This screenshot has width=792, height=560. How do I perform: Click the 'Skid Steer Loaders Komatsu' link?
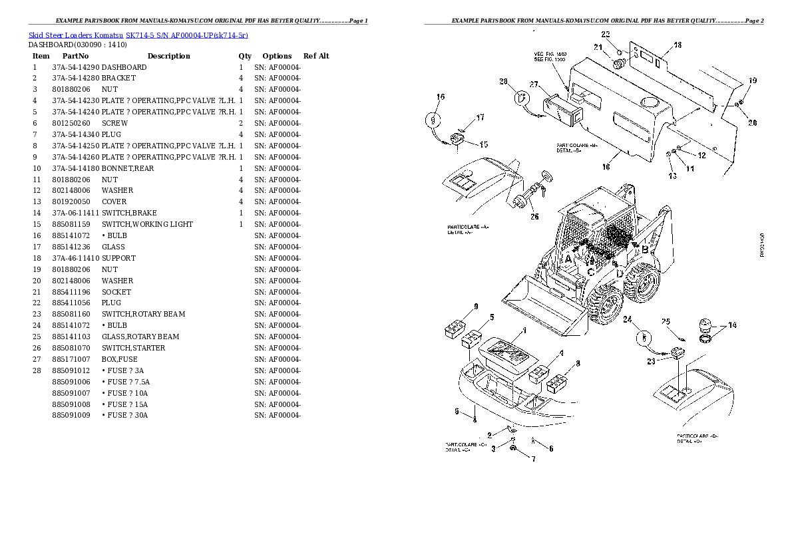click(x=75, y=35)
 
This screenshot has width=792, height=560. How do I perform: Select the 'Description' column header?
click(x=168, y=56)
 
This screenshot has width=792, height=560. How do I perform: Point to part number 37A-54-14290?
click(x=75, y=67)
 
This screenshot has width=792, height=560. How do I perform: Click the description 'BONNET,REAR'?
click(x=128, y=168)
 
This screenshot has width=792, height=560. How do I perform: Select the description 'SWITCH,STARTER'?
click(x=133, y=348)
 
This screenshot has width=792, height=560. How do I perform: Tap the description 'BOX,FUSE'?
click(x=119, y=359)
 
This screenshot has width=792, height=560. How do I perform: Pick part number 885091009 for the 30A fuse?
click(x=71, y=415)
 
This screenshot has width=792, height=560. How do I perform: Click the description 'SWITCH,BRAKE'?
click(x=129, y=213)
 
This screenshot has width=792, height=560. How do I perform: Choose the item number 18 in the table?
click(x=37, y=258)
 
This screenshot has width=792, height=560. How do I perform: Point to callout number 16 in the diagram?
click(x=440, y=97)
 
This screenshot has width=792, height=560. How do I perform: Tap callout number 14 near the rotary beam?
click(x=732, y=326)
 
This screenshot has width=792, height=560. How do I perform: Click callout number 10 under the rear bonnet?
click(x=606, y=167)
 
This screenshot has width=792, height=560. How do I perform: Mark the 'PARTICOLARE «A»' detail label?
click(x=467, y=227)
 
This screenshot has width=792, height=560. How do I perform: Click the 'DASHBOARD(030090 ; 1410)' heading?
click(x=77, y=45)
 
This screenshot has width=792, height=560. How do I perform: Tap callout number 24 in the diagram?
click(x=626, y=321)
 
